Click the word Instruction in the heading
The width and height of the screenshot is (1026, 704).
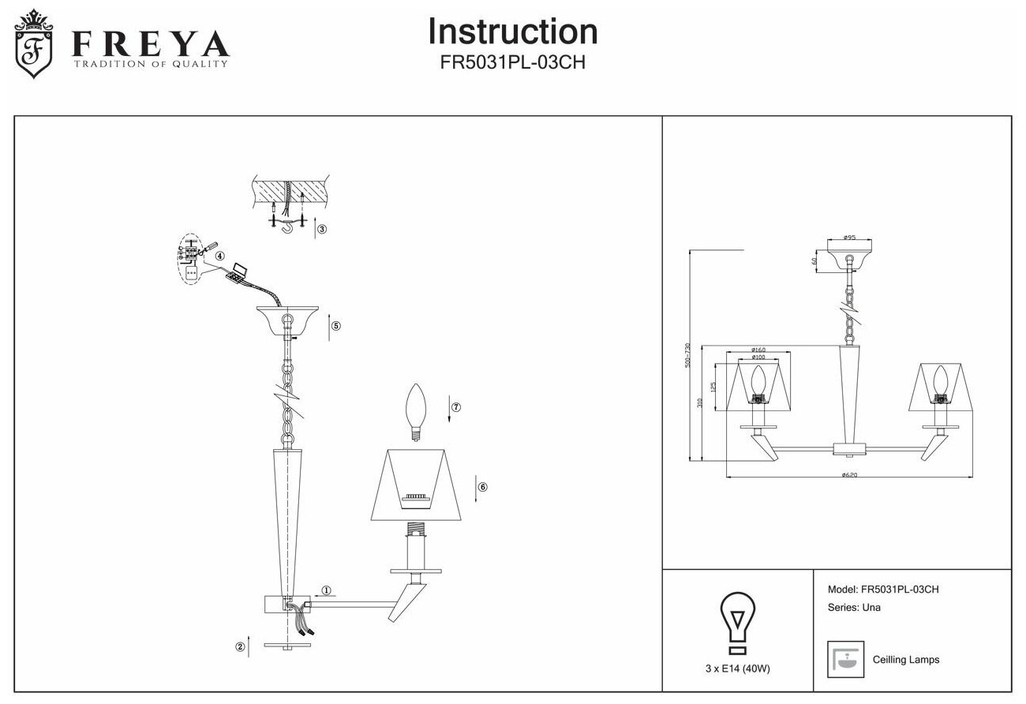pyautogui.click(x=512, y=32)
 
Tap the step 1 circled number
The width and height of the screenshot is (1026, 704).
pyautogui.click(x=327, y=590)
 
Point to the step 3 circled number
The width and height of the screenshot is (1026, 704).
pyautogui.click(x=322, y=230)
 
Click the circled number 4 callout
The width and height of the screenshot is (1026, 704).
pyautogui.click(x=219, y=256)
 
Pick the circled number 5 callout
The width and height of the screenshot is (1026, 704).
pyautogui.click(x=335, y=326)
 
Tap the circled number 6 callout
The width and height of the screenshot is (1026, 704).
pyautogui.click(x=483, y=487)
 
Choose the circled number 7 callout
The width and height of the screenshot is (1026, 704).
pyautogui.click(x=456, y=407)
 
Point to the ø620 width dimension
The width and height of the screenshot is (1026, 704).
pyautogui.click(x=849, y=475)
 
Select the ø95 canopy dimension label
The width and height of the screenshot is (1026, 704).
pyautogui.click(x=849, y=237)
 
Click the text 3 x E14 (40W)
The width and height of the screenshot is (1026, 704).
pyautogui.click(x=737, y=668)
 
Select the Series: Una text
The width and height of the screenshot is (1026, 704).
pyautogui.click(x=854, y=608)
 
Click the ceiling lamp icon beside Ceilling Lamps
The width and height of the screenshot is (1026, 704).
pyautogui.click(x=843, y=660)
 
